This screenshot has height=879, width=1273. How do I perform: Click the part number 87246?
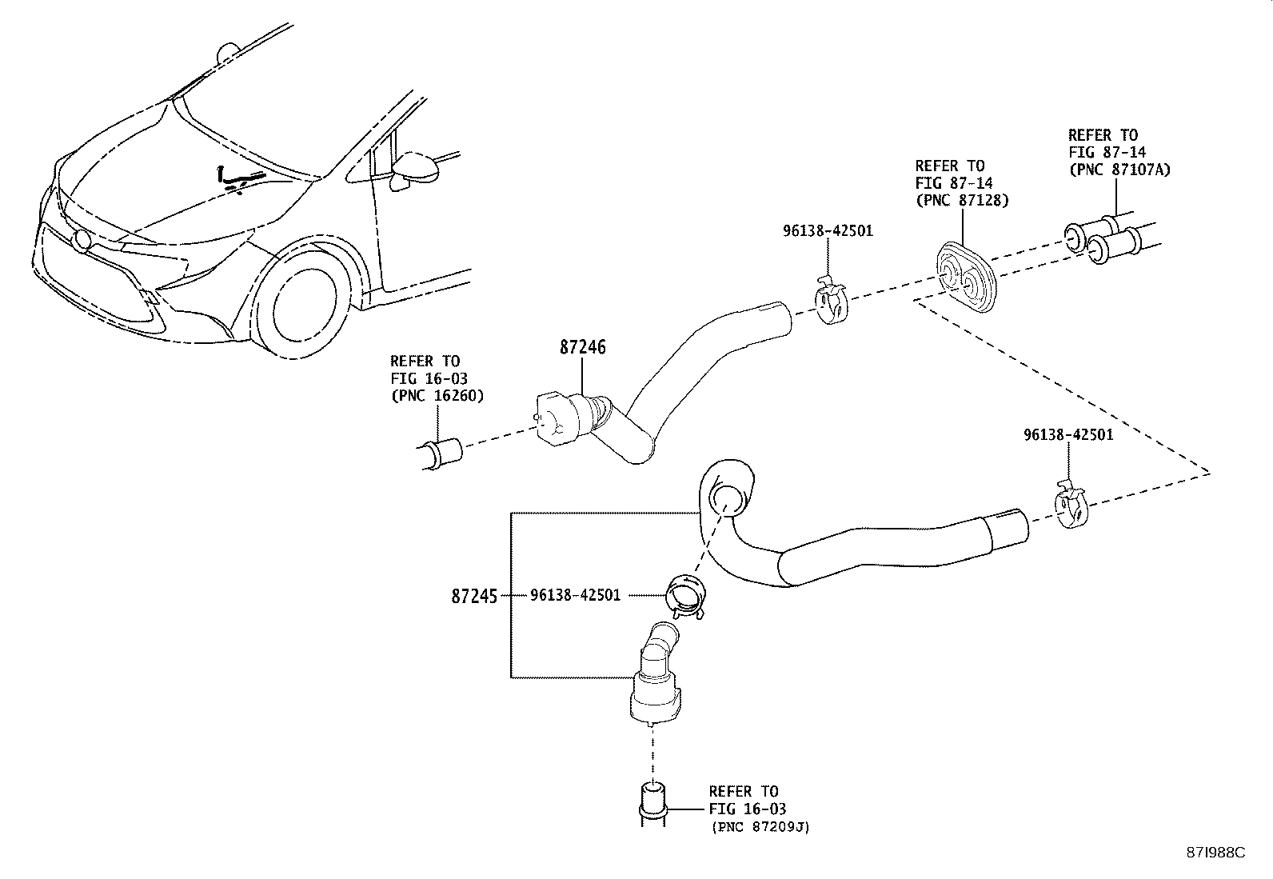click(x=582, y=348)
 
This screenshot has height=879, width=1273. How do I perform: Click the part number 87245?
click(x=474, y=596)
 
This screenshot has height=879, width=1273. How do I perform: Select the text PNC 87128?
click(x=962, y=200)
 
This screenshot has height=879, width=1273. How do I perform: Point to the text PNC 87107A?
click(x=1119, y=169)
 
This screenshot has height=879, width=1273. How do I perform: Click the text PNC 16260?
click(x=437, y=395)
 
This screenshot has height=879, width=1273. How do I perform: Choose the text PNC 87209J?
click(x=760, y=827)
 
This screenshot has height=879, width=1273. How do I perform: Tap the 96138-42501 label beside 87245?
click(x=575, y=595)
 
